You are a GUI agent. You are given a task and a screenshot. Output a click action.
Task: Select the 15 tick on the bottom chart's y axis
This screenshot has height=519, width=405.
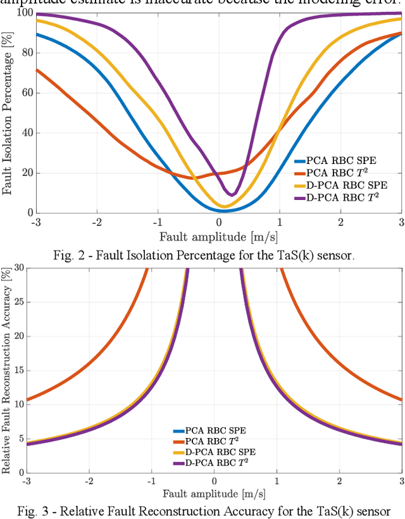[20, 370]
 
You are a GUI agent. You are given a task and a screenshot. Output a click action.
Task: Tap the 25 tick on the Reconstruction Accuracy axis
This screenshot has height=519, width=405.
[20, 302]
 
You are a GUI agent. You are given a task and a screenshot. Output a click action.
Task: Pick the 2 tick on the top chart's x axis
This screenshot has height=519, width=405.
[340, 222]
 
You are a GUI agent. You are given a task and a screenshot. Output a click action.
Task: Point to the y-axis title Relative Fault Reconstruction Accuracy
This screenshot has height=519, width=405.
[7, 370]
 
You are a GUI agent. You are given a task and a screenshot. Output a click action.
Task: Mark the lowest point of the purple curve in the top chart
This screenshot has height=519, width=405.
[232, 194]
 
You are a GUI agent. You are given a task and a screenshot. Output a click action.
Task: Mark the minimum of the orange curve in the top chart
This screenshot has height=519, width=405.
[194, 178]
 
